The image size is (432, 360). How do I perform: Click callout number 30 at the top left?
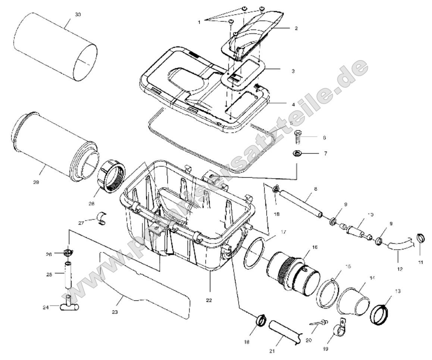[x=78, y=15]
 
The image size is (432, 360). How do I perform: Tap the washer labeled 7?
[x=297, y=153]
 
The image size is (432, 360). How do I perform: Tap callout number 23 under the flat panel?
[x=115, y=312]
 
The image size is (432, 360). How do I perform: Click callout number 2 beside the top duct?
[x=295, y=28]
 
